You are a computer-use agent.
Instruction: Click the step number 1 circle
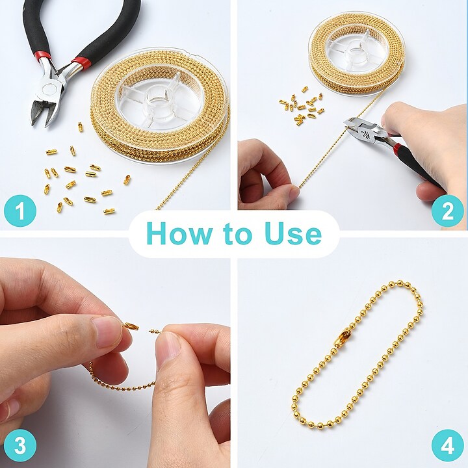click(20, 211)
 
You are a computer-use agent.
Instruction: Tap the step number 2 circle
click(447, 211)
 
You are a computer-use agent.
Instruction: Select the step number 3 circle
click(20, 446)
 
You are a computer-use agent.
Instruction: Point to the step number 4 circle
click(447, 446)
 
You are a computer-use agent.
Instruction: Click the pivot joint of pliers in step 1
click(51, 88)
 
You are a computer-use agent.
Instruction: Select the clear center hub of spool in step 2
click(356, 54)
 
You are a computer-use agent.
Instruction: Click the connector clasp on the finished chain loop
click(342, 337)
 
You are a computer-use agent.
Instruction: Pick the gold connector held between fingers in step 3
click(131, 326)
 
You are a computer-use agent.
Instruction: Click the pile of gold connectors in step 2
click(301, 106)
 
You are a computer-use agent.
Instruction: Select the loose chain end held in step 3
click(155, 330)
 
